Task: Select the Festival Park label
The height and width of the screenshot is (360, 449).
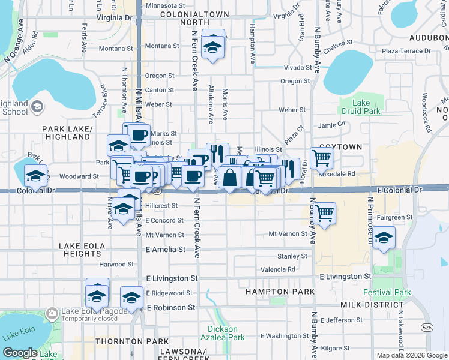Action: (387, 293)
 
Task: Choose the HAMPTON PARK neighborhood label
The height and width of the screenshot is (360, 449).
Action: (280, 292)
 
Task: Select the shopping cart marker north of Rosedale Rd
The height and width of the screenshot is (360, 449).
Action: (322, 158)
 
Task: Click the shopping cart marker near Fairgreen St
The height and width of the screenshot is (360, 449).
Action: (324, 213)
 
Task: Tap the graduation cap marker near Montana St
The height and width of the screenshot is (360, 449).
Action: (212, 46)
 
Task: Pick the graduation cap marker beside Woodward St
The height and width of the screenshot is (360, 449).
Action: (35, 176)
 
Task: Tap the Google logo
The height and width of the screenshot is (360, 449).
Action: (20, 353)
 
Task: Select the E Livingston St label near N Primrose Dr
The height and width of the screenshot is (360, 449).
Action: (345, 277)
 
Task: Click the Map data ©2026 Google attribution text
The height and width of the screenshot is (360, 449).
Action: (411, 355)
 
